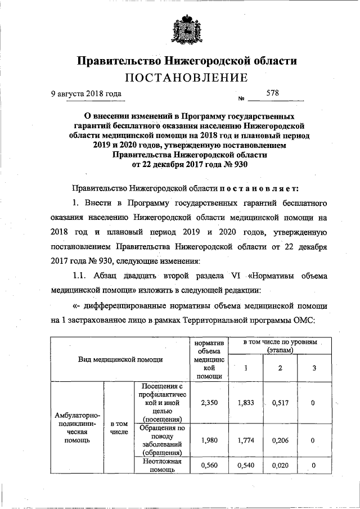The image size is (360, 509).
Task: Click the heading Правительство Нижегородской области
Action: (x=186, y=60)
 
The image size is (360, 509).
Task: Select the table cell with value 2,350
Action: (x=209, y=403)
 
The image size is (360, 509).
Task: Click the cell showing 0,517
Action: (x=280, y=403)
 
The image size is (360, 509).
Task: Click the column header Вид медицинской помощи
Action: (x=120, y=359)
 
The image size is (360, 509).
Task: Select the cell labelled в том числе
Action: (x=119, y=427)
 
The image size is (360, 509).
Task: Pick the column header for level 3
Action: (x=314, y=368)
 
